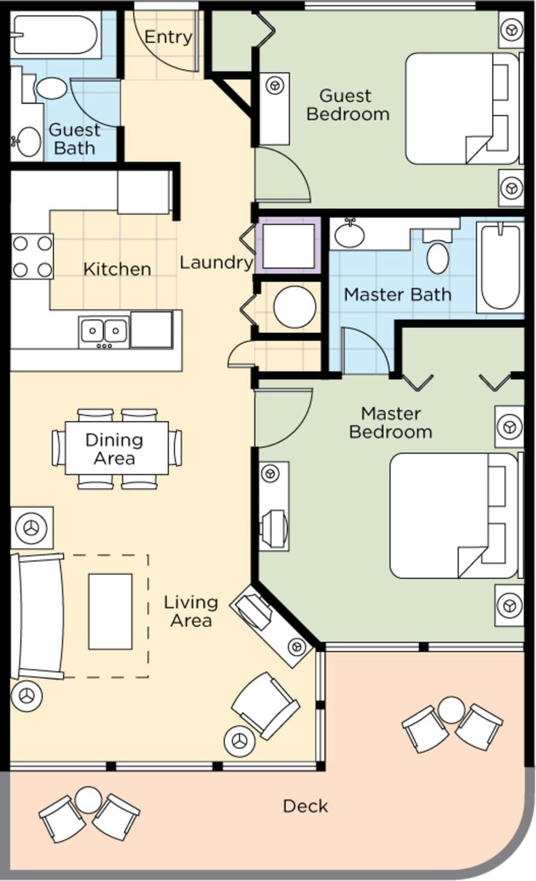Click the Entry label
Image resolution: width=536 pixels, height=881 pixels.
click(168, 37)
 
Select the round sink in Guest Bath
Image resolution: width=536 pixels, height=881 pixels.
click(28, 141)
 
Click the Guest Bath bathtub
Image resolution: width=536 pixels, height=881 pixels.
click(55, 35)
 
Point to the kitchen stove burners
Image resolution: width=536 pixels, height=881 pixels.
click(32, 257)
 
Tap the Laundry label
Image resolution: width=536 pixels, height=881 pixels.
click(216, 262)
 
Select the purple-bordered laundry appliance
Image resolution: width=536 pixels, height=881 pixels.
click(288, 246)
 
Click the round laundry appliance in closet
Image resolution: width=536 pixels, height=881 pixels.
click(294, 307)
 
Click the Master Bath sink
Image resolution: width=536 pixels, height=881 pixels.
click(350, 234)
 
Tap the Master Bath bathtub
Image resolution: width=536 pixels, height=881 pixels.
click(501, 267)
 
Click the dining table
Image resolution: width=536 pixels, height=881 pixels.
click(116, 448)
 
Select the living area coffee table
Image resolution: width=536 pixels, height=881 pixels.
click(110, 611)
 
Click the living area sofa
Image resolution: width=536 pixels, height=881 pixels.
click(39, 616)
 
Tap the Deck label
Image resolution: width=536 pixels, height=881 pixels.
click(305, 806)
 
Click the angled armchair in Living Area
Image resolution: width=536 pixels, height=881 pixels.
click(265, 705)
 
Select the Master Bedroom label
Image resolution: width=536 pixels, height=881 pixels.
click(390, 422)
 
